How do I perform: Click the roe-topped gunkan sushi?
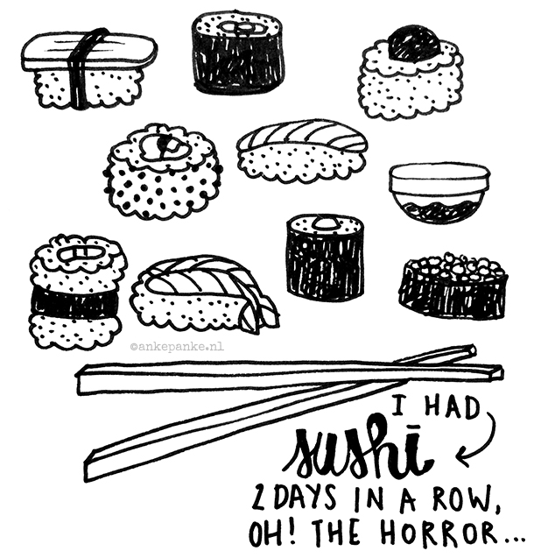pyautogui.click(x=453, y=285)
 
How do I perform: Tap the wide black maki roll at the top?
pyautogui.click(x=238, y=53)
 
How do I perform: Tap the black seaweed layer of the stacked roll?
pyautogui.click(x=74, y=302)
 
